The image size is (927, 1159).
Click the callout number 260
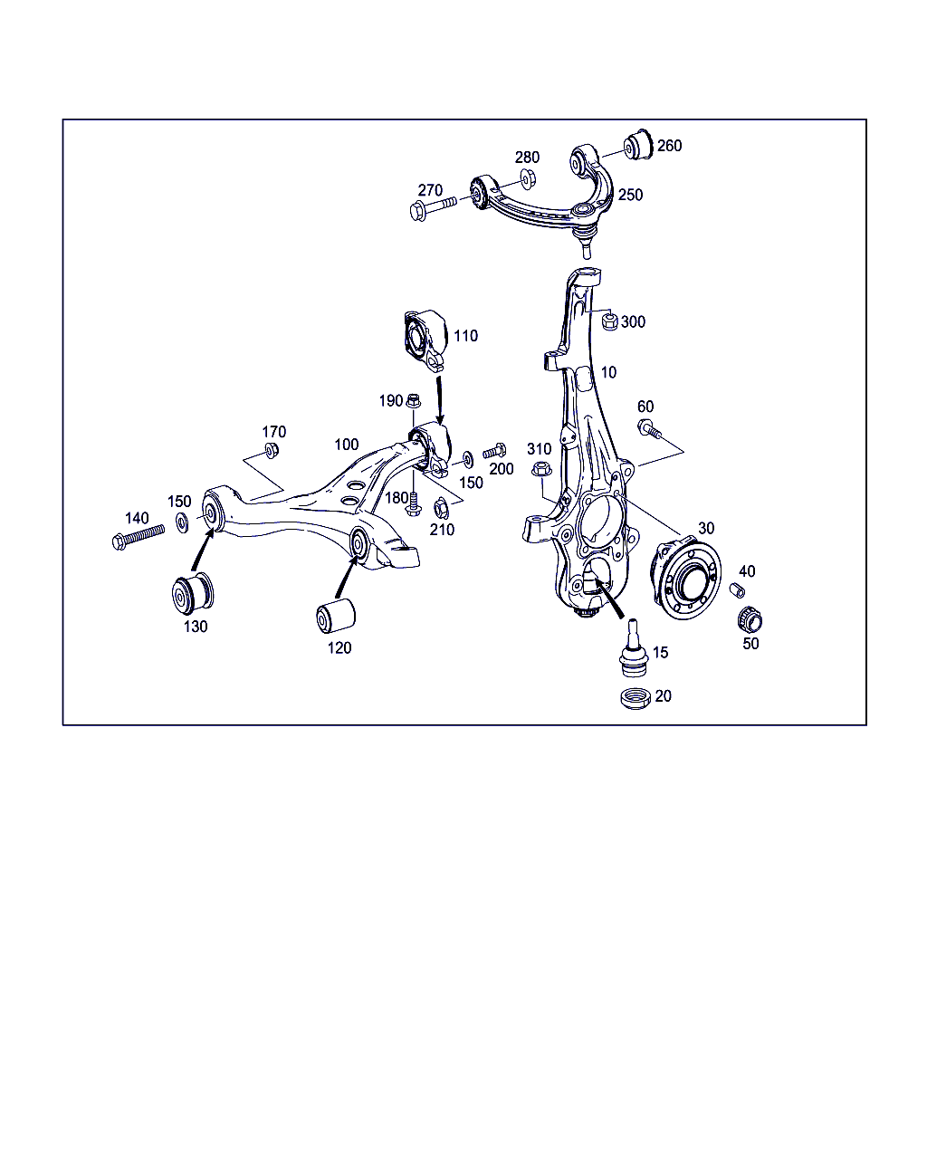(x=669, y=146)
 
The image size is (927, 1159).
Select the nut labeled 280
(x=528, y=178)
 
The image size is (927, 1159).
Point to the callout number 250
(x=630, y=195)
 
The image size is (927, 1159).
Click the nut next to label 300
(x=609, y=321)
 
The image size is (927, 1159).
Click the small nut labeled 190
(x=413, y=401)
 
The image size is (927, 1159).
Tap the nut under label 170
(x=272, y=449)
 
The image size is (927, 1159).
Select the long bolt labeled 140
(x=138, y=536)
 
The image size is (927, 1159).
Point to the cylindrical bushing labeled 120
(x=335, y=616)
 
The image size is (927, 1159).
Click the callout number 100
(x=347, y=445)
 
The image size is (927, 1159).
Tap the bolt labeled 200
(x=494, y=451)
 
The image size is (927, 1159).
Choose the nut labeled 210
(x=441, y=508)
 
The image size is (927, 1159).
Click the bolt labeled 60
(x=649, y=428)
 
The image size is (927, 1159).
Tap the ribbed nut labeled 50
(x=750, y=620)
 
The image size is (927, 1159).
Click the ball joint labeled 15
(x=634, y=648)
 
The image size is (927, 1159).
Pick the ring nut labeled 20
(x=636, y=698)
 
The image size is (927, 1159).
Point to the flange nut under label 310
(x=541, y=469)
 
